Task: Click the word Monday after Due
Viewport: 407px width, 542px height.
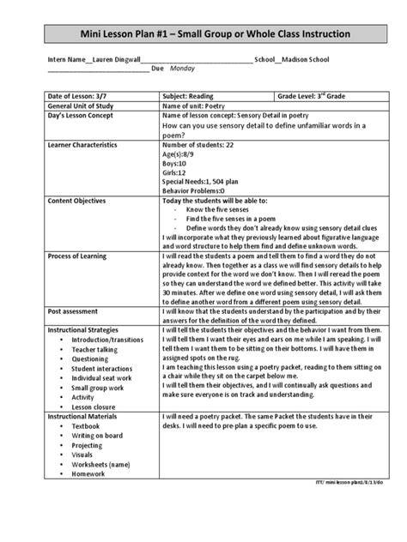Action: tap(183, 67)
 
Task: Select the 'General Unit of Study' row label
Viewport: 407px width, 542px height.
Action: tap(82, 105)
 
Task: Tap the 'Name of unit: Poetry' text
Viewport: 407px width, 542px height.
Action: tap(196, 105)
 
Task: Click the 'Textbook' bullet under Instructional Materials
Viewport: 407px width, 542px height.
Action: tap(86, 425)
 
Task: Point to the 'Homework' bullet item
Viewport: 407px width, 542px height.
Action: tap(88, 473)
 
